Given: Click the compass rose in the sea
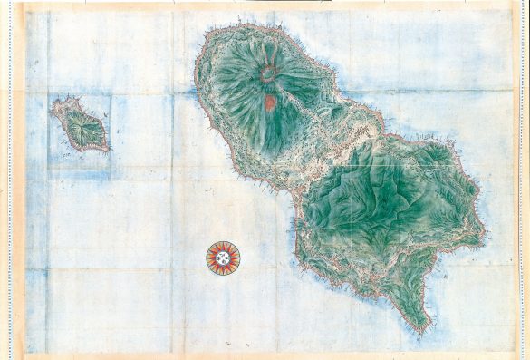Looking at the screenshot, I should pyautogui.click(x=223, y=258).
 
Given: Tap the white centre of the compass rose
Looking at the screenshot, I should pyautogui.click(x=223, y=258).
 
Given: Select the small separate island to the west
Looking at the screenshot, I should pyautogui.click(x=80, y=124).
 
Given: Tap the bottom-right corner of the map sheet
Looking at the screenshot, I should pyautogui.click(x=517, y=354).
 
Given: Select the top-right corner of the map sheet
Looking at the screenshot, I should pyautogui.click(x=517, y=7).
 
